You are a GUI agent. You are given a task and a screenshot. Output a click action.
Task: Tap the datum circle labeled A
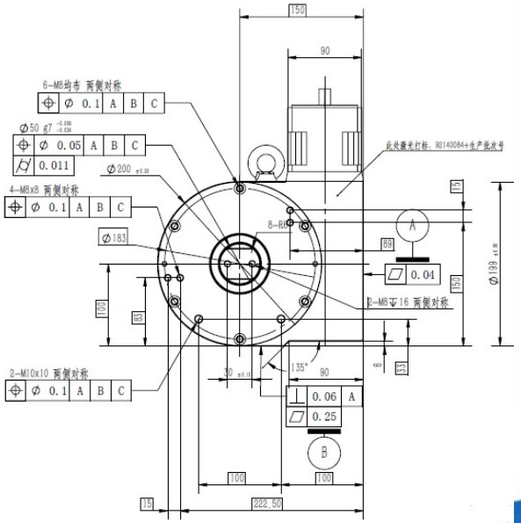point(411,225)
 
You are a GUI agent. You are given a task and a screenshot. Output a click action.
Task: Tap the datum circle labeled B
point(323,454)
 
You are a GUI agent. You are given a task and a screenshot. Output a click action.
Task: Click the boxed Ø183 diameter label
point(114,238)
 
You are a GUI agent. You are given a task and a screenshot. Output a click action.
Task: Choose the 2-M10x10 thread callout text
point(40,373)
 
